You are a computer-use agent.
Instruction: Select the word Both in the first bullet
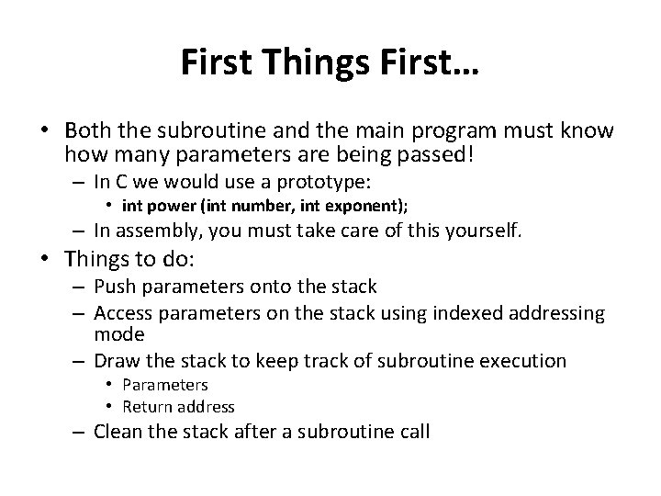pos(89,130)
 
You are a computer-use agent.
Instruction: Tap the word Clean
pos(118,431)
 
